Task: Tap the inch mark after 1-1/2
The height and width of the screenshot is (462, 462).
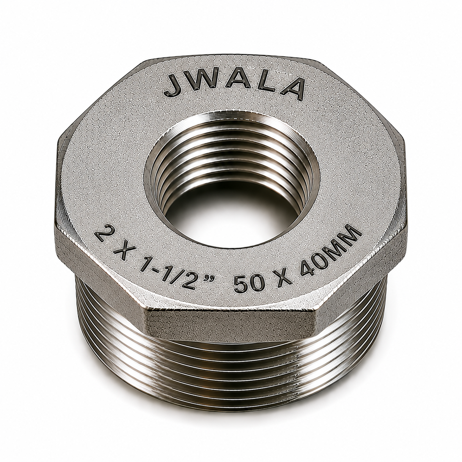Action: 214,281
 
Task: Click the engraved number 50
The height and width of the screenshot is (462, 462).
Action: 247,284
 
